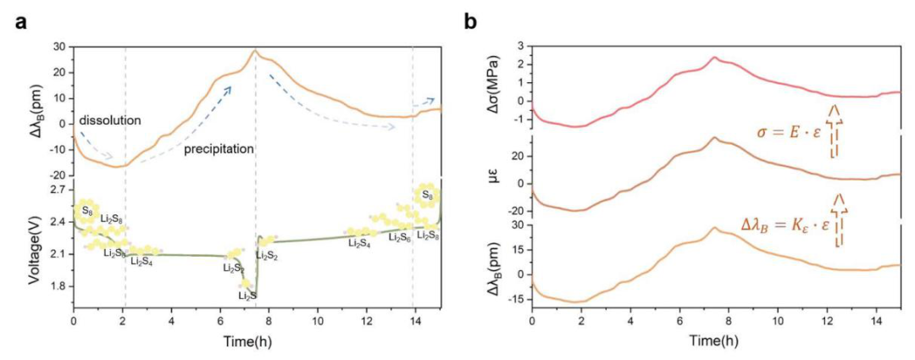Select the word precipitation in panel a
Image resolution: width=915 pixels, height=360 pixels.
pos(218,148)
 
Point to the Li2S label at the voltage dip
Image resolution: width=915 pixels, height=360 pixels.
pos(247,295)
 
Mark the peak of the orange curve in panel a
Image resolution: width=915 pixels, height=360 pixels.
pos(255,51)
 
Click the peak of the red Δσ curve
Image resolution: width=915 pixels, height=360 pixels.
pos(714,58)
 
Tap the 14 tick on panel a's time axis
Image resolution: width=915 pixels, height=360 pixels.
pos(415,323)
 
